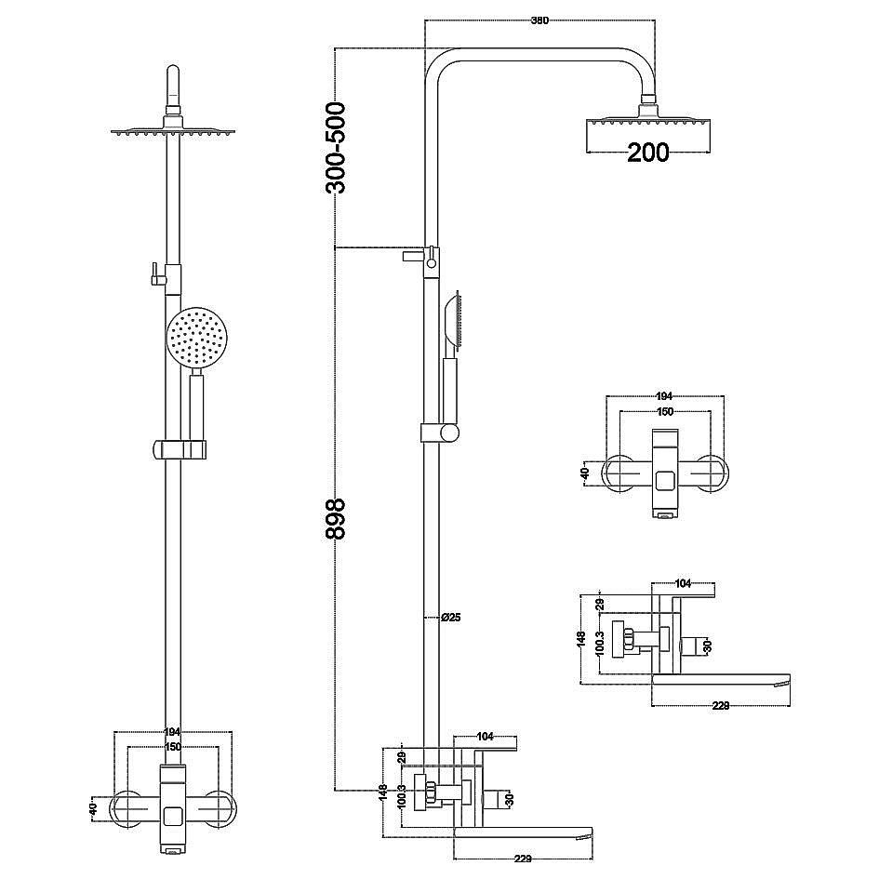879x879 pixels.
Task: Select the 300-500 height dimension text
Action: pos(335,148)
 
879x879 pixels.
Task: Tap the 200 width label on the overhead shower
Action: pos(647,152)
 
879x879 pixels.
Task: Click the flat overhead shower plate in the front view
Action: pos(172,131)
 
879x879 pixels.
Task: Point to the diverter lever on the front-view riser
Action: pos(150,273)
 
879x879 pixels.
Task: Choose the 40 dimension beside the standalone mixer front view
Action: pos(584,473)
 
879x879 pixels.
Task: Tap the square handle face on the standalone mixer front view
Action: pos(665,481)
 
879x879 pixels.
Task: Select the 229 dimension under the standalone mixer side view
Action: pos(719,705)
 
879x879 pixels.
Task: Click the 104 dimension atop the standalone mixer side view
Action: pos(682,583)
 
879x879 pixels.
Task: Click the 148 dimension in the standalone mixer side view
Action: pos(580,639)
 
